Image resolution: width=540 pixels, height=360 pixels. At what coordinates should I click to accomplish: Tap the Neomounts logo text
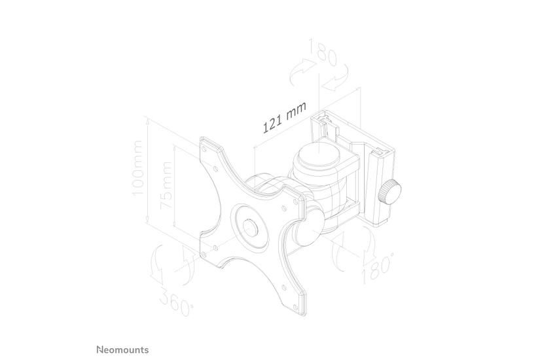pyautogui.click(x=122, y=350)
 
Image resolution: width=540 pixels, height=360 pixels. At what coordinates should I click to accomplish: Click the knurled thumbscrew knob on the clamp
pyautogui.click(x=393, y=192)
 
